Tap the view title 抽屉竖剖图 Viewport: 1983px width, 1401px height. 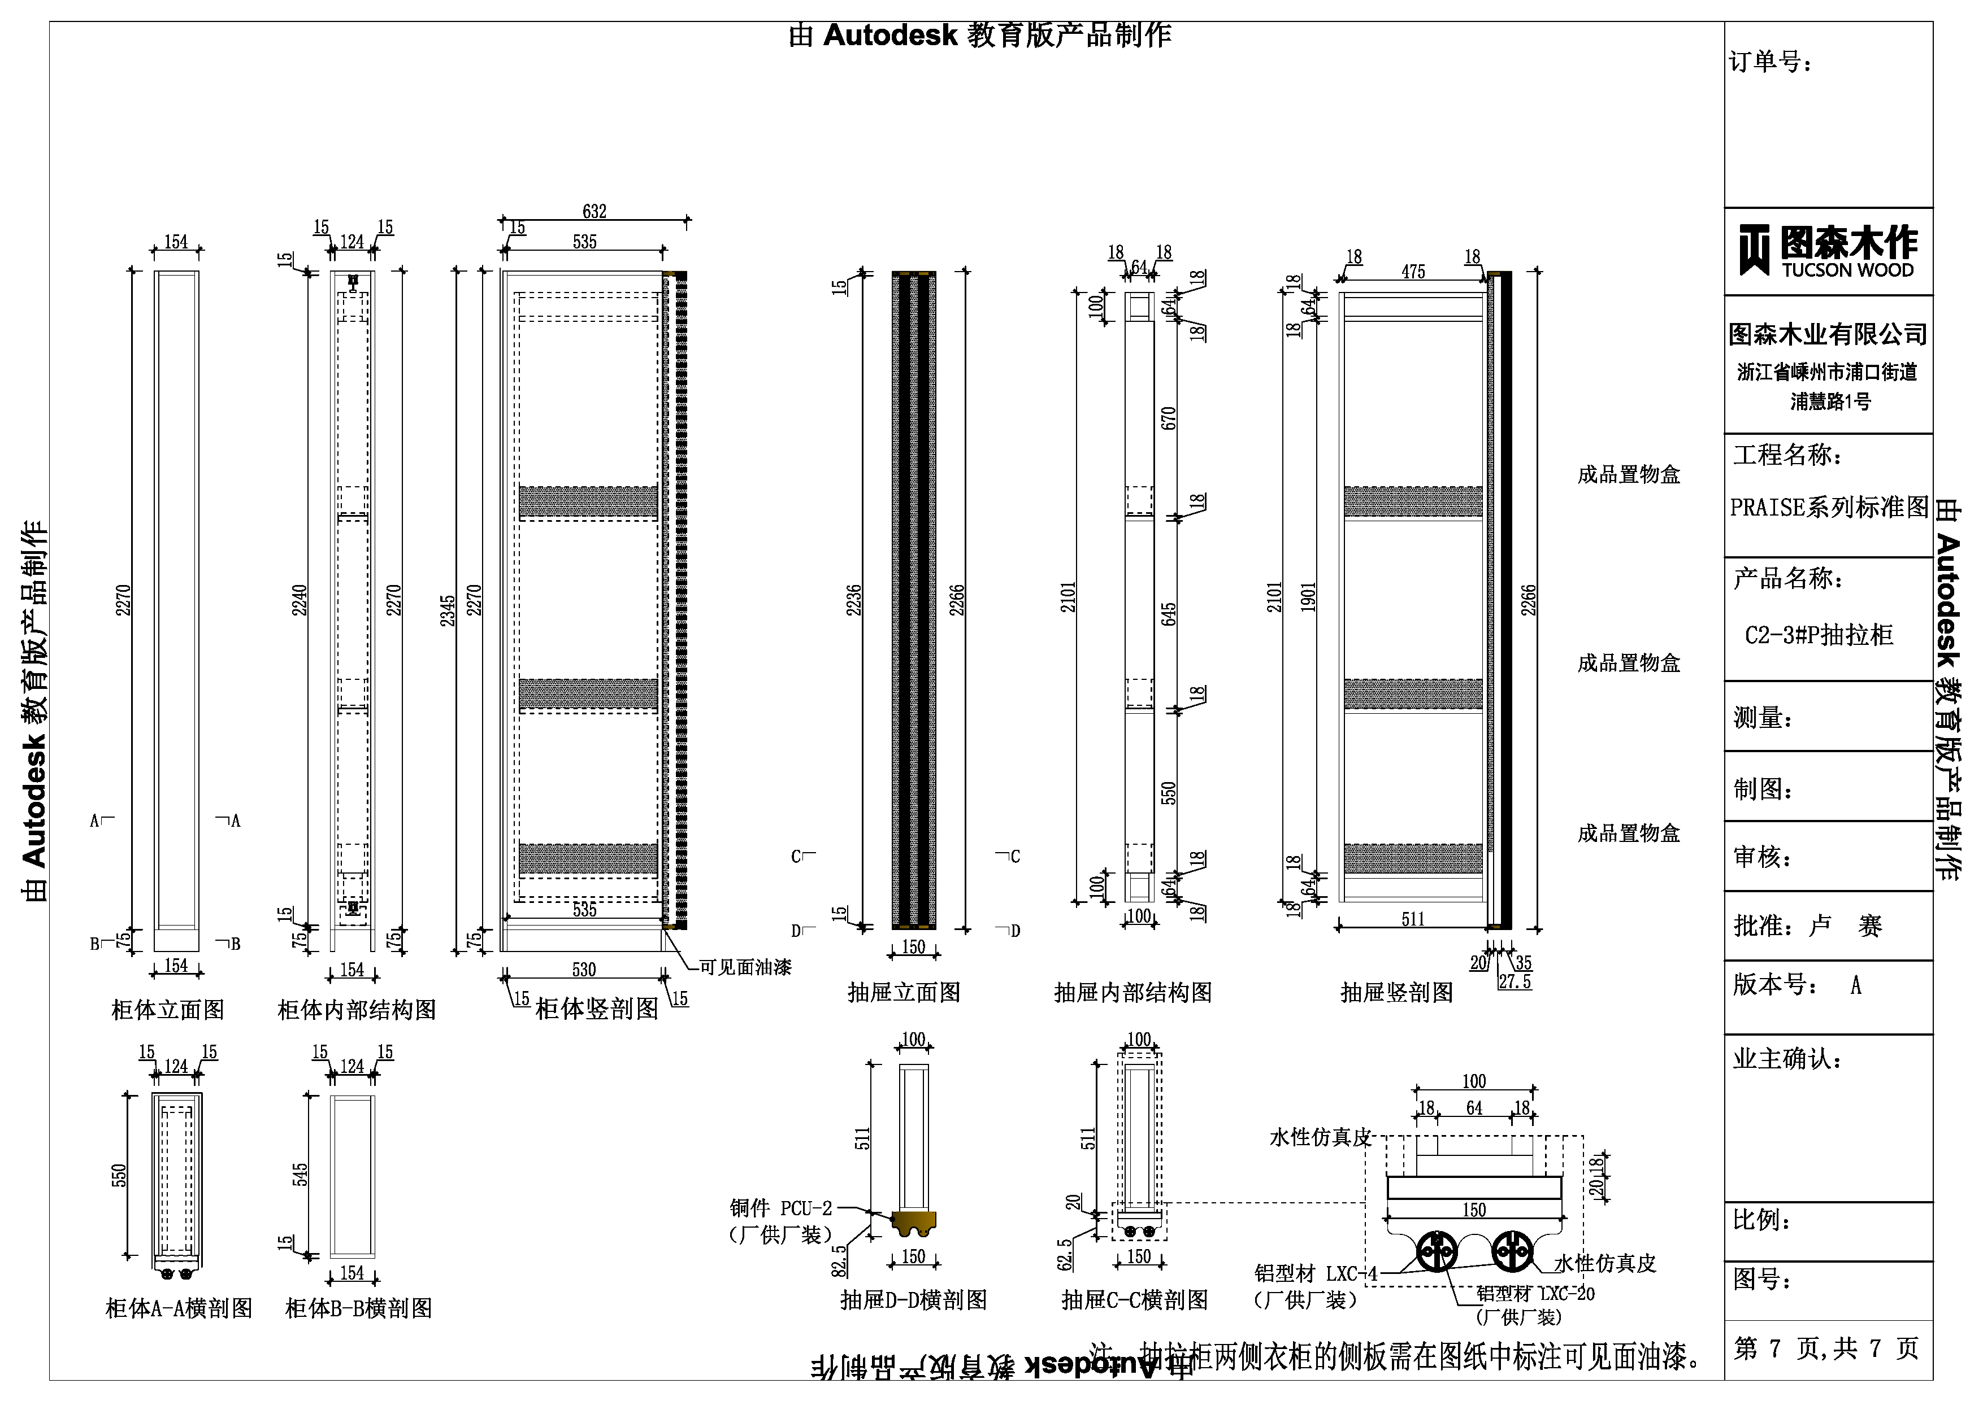click(1396, 993)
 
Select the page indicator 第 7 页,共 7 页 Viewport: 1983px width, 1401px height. click(1826, 1348)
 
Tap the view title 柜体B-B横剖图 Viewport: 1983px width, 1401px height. click(358, 1308)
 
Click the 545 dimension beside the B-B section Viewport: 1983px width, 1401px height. click(300, 1175)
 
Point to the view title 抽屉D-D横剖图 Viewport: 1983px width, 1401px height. click(914, 1300)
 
